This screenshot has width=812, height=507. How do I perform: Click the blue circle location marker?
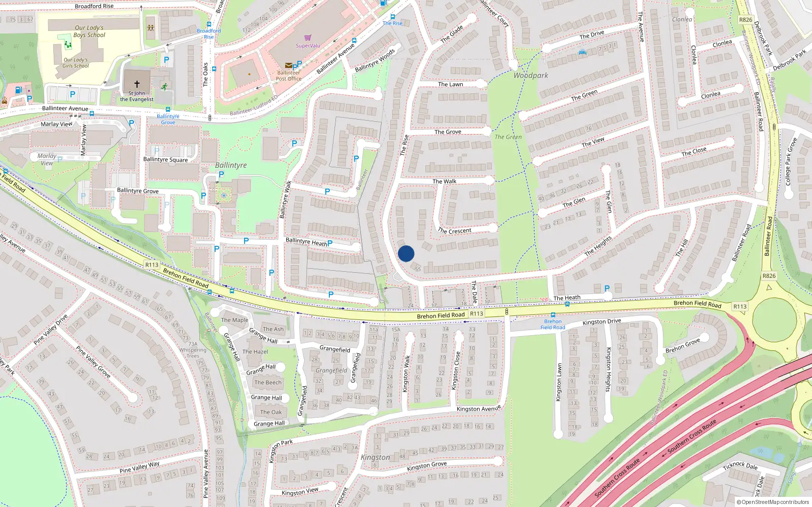tap(406, 253)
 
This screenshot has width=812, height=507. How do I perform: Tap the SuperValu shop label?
tap(308, 46)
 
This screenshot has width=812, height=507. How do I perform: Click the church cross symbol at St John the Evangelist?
tap(137, 84)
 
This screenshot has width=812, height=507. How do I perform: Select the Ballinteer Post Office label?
tap(288, 76)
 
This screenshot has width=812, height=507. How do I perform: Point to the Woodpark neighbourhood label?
tap(530, 76)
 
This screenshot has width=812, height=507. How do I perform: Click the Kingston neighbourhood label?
tap(376, 457)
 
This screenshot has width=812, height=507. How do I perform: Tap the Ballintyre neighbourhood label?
tap(231, 165)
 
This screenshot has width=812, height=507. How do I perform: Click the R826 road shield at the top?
tap(746, 20)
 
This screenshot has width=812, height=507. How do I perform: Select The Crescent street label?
tap(455, 231)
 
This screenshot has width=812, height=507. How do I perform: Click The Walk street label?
tap(444, 182)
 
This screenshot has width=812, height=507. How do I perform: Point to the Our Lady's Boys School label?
tap(89, 31)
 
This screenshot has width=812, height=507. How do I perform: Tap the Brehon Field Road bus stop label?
tap(553, 324)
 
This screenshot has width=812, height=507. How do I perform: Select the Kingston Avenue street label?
tap(479, 409)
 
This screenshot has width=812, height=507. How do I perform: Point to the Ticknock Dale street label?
tap(740, 465)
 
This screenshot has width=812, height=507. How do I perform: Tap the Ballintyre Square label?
tap(165, 160)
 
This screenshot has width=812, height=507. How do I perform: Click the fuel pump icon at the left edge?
tap(19, 90)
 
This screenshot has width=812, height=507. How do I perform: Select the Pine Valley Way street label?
tap(140, 467)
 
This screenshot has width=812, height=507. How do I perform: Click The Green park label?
tap(508, 137)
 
